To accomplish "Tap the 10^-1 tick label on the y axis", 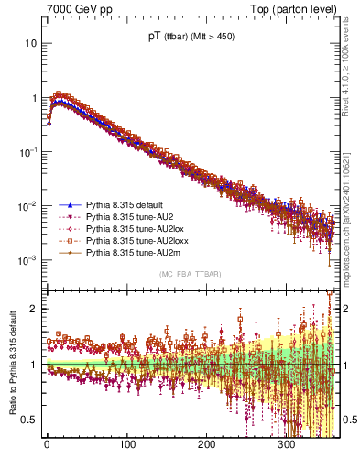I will [27, 151].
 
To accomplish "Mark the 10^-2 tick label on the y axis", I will [27, 205].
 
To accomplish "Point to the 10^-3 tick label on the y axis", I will [27, 259].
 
